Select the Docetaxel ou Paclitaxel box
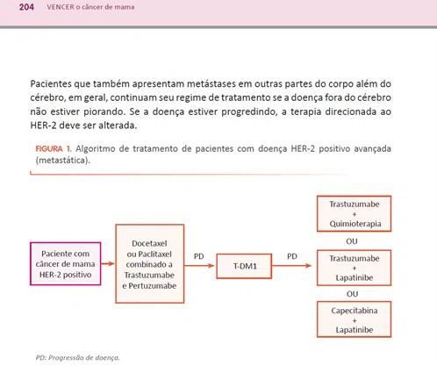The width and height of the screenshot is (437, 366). (150, 264)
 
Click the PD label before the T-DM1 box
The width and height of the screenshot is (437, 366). (198, 257)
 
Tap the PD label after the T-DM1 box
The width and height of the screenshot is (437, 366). (291, 257)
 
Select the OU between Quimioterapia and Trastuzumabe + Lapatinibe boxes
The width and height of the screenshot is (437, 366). (352, 240)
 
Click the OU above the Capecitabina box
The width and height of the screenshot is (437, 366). (352, 294)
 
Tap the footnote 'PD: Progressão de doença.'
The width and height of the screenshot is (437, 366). (78, 357)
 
